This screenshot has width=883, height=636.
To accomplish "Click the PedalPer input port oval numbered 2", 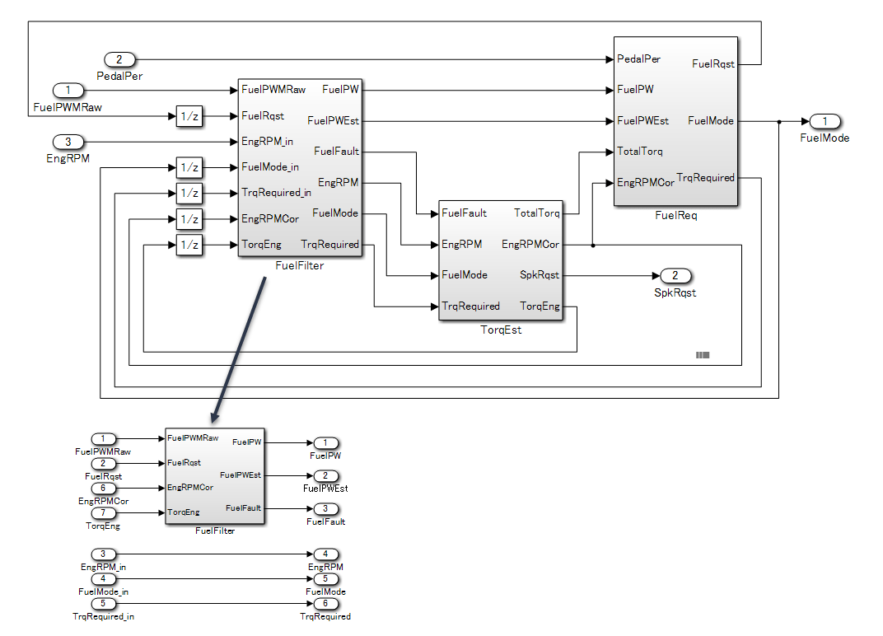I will coord(119,59).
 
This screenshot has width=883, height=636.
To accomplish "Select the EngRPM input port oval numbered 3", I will coord(68,142).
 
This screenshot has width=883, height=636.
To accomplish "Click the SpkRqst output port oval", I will coord(675,275).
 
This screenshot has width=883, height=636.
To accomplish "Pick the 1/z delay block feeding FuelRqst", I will coord(189,116).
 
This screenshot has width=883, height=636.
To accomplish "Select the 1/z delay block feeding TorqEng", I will coord(189,245).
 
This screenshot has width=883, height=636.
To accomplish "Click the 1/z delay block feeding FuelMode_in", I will coord(189,168).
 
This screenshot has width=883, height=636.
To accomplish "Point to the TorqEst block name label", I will coord(501,330).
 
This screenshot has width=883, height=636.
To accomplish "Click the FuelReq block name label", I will coord(675,215).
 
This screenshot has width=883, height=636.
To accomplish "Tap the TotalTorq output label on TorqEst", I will coord(536,213).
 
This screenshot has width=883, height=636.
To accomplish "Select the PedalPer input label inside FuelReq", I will coord(638,59).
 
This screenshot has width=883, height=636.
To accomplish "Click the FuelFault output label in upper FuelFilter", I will coord(336,152).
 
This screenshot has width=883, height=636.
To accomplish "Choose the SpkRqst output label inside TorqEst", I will coord(540,275).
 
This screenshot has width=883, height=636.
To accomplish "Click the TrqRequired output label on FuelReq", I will coord(705,178).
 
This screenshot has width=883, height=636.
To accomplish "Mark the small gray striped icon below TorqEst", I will coord(703,355).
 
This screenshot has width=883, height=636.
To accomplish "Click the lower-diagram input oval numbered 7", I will coord(103,513).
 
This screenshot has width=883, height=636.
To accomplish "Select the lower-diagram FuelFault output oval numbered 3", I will coord(325,509).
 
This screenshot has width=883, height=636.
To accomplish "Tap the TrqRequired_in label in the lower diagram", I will coord(103,616).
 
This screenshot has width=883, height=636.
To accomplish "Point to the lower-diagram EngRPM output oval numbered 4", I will coord(325,555).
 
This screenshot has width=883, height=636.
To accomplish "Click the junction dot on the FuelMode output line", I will coord(779,121).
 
